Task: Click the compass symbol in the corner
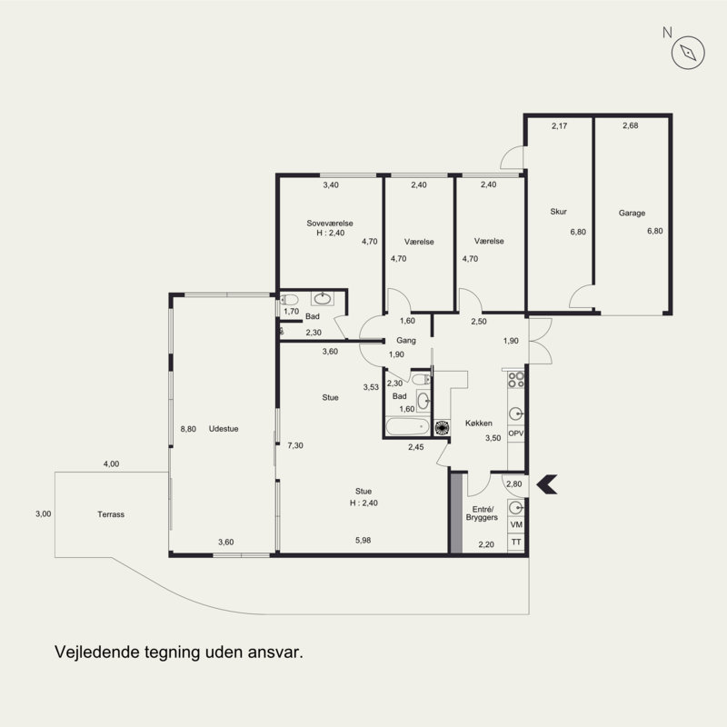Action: (x=688, y=53)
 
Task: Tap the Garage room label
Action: (x=632, y=213)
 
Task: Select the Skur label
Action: (x=558, y=212)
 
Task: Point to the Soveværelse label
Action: (x=330, y=223)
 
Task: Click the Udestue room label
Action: (x=224, y=429)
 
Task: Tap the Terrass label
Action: (x=111, y=514)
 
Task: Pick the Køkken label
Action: (x=479, y=423)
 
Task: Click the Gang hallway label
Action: (x=405, y=340)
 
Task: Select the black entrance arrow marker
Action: (x=547, y=484)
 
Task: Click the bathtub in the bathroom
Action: (x=407, y=426)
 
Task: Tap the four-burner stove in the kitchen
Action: (x=515, y=380)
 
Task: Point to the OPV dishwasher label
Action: (x=515, y=433)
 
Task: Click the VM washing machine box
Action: (x=516, y=524)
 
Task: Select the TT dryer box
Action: (x=516, y=542)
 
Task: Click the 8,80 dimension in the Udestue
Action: (x=188, y=429)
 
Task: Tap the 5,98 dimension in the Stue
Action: (x=363, y=540)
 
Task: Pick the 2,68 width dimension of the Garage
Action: (x=631, y=125)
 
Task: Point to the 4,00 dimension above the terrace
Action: (x=111, y=463)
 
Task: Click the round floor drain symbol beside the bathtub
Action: (x=443, y=427)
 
